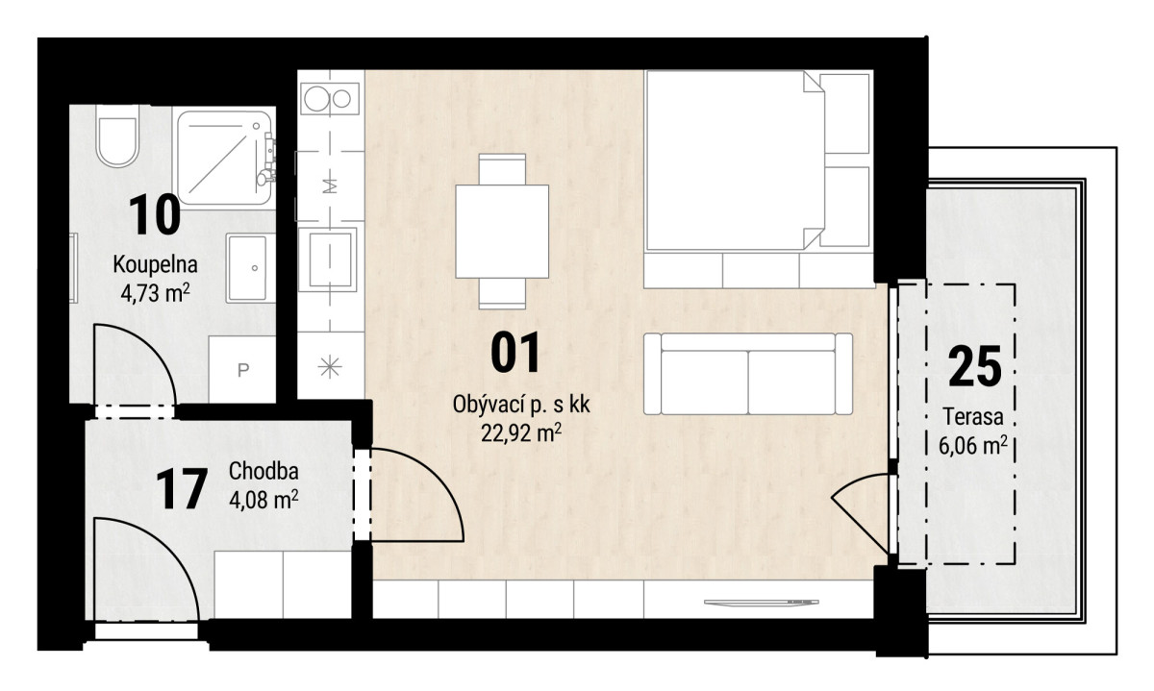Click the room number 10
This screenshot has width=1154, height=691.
pos(155,215)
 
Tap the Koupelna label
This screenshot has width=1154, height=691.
pos(155,265)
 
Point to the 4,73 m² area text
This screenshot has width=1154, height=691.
pos(155,293)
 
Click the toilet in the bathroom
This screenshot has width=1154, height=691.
pos(117,136)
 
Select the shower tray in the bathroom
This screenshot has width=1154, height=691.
pos(224,157)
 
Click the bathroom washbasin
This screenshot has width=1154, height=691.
pos(248,268)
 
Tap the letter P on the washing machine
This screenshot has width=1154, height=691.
pos(243,370)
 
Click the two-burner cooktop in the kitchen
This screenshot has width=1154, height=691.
pos(330,98)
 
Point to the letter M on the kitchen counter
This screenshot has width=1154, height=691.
pos(330,185)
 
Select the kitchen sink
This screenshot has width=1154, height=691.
pos(330,259)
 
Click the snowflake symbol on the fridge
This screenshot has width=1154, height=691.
pos(330,367)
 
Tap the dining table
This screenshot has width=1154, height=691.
pos(502,232)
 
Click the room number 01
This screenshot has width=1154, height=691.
pos(515,352)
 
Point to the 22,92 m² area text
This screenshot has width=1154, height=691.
pos(521,433)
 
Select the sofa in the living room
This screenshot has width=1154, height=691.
pos(747,374)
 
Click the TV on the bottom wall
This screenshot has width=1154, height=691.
pos(761,603)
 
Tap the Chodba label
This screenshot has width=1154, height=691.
pos(263,471)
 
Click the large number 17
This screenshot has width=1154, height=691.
pos(182,488)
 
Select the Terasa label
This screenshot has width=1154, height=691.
pos(973,416)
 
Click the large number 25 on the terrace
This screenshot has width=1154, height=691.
pos(975,366)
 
